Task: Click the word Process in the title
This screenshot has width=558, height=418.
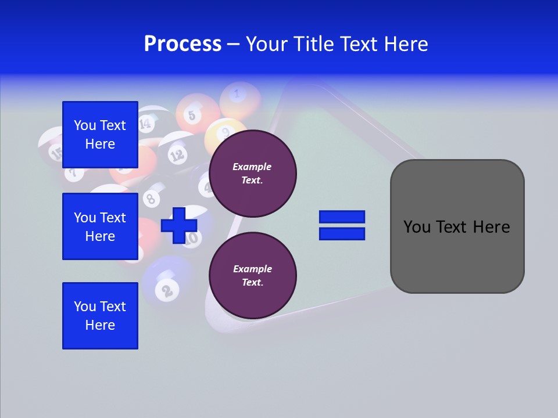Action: pos(183,44)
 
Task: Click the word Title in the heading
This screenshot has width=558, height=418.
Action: pos(314,44)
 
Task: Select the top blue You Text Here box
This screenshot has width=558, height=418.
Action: pos(100,135)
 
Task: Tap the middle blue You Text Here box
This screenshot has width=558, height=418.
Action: pos(100,226)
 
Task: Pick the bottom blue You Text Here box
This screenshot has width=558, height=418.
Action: pos(100,316)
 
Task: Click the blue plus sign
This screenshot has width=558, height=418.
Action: pos(179,225)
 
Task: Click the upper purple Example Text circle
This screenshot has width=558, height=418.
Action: pos(253,174)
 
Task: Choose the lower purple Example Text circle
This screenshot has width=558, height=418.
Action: pos(253,276)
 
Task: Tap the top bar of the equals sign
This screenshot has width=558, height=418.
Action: pos(342,217)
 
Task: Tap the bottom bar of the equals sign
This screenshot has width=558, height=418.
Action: pos(342,234)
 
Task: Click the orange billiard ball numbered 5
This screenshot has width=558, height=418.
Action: pos(192,114)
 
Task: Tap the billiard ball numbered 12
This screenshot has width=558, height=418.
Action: pos(177,154)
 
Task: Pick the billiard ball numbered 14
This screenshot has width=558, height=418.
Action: pos(146,122)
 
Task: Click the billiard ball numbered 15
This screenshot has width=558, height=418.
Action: pos(56,153)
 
